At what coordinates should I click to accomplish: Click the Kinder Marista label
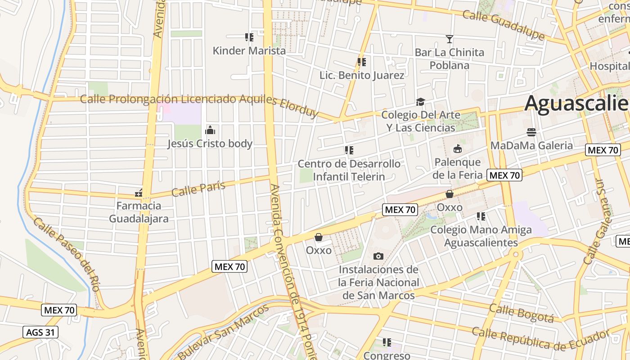(x=249, y=50)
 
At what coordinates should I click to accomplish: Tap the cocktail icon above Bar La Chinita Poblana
(x=449, y=39)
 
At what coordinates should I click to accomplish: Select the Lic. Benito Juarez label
(x=362, y=75)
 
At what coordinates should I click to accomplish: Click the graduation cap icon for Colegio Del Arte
(x=420, y=102)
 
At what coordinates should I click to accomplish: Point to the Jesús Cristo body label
(x=210, y=144)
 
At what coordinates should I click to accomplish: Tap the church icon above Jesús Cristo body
(x=210, y=130)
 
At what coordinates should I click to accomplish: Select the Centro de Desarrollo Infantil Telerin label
(x=349, y=170)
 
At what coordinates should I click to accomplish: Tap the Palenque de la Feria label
(x=457, y=168)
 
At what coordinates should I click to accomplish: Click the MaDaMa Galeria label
(x=531, y=145)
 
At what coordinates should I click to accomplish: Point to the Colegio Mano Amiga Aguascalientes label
(x=481, y=236)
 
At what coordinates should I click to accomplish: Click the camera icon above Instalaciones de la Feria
(x=378, y=256)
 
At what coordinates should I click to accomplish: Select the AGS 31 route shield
(x=40, y=333)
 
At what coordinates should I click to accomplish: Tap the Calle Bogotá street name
(x=521, y=313)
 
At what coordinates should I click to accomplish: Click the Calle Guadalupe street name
(x=503, y=25)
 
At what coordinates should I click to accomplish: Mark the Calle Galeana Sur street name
(x=600, y=220)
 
